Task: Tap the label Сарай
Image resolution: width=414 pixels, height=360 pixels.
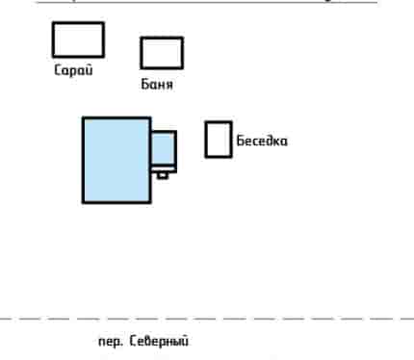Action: point(73,70)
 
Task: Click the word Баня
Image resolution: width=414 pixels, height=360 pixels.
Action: point(157,85)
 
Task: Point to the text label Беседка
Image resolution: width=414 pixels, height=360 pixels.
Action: point(262,141)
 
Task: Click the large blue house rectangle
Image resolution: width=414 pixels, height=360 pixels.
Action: point(116,160)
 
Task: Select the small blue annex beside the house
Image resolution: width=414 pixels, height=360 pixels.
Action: point(164,148)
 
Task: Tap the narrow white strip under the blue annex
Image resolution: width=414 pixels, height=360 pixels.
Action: point(164,169)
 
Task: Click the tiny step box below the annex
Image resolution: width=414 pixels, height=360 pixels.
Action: point(163,175)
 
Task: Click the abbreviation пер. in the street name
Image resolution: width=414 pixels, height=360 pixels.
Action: point(111,342)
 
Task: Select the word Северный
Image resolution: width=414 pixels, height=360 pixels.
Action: point(159,341)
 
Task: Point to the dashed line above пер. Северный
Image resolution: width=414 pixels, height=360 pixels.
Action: point(207,319)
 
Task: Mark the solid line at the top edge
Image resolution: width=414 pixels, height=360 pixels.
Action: point(207,2)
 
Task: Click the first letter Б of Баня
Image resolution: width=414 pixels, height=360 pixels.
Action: point(145,84)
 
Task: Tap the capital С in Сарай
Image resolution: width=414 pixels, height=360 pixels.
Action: point(58,69)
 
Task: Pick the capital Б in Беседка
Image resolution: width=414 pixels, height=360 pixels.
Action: point(241,141)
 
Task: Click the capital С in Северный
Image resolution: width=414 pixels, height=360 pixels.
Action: point(133,341)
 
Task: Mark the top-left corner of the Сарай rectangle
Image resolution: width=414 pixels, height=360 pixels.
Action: point(53,22)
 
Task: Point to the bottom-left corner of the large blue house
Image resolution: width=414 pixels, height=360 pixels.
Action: point(83,203)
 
